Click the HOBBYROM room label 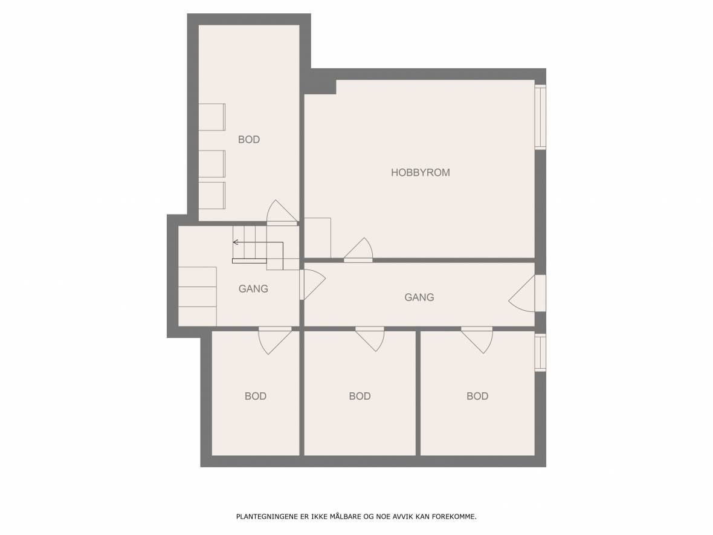(420, 172)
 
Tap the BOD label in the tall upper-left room (249, 140)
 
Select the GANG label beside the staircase (253, 288)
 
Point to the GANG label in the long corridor (419, 297)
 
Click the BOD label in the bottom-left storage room (256, 396)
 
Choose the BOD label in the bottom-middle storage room (360, 396)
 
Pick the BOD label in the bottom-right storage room (477, 396)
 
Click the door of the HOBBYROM (359, 251)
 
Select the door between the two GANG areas (312, 285)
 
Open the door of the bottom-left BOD (275, 340)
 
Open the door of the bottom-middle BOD (370, 339)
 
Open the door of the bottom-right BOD (477, 340)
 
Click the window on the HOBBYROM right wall (540, 117)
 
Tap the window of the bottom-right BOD (540, 352)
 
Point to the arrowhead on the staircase (236, 242)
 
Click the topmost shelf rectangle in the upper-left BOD (212, 117)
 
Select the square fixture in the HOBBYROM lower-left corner (317, 238)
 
